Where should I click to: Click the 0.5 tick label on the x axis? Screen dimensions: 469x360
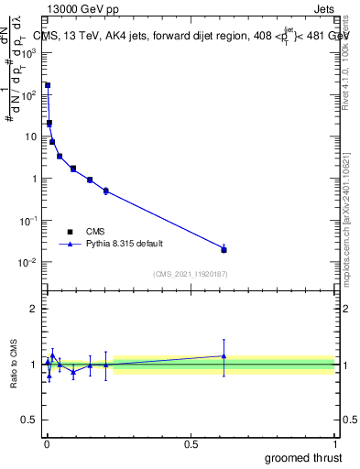coord(191,444)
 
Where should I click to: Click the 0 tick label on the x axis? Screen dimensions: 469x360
coord(47,444)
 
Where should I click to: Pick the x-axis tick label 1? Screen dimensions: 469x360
coord(335,444)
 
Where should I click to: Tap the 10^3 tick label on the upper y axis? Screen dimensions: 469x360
coord(29,52)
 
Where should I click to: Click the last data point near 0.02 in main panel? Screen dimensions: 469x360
coord(224,249)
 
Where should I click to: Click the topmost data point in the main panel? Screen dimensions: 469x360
coord(48,85)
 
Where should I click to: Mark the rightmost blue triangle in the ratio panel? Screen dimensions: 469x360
coord(224,355)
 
